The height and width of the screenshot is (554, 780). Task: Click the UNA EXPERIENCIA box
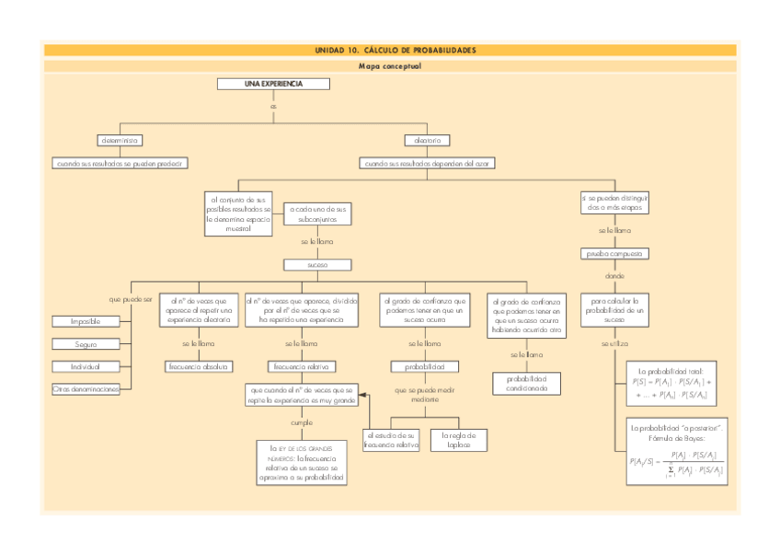click(x=272, y=84)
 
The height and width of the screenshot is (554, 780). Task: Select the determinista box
click(x=120, y=140)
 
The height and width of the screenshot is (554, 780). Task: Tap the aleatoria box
click(x=427, y=140)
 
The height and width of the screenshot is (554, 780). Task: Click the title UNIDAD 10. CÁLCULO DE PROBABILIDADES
click(x=390, y=50)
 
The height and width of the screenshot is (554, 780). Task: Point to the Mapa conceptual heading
click(x=390, y=66)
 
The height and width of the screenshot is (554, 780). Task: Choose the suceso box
click(x=317, y=264)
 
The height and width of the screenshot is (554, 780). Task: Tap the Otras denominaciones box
click(x=86, y=389)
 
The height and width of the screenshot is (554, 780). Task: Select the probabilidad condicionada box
click(x=527, y=383)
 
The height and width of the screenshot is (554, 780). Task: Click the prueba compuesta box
click(x=615, y=252)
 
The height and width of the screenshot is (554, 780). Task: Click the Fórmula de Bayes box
click(x=676, y=453)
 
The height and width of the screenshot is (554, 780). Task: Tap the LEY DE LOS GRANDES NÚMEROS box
click(x=301, y=462)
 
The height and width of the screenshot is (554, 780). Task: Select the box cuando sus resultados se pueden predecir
click(x=120, y=163)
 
